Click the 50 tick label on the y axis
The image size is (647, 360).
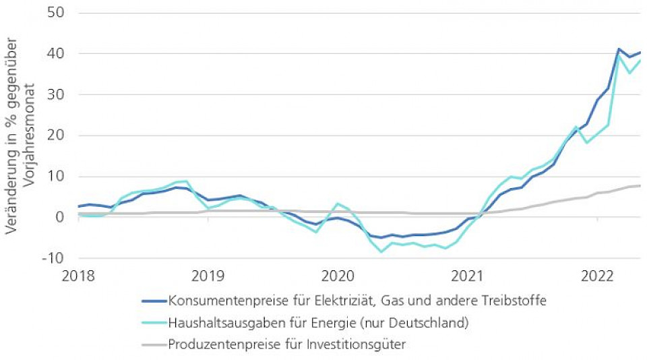click(x=55, y=13)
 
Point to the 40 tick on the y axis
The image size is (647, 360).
click(x=55, y=53)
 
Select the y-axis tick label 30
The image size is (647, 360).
click(x=55, y=94)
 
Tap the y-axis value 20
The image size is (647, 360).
click(x=55, y=136)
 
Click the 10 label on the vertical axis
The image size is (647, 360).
click(x=55, y=177)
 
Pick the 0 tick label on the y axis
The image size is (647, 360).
click(x=59, y=217)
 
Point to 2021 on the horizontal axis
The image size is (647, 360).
click(x=467, y=276)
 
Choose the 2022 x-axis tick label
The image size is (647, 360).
click(x=596, y=276)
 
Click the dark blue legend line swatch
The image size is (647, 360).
click(x=153, y=300)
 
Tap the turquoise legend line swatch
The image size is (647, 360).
click(x=153, y=322)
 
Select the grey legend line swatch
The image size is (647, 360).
click(x=153, y=344)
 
